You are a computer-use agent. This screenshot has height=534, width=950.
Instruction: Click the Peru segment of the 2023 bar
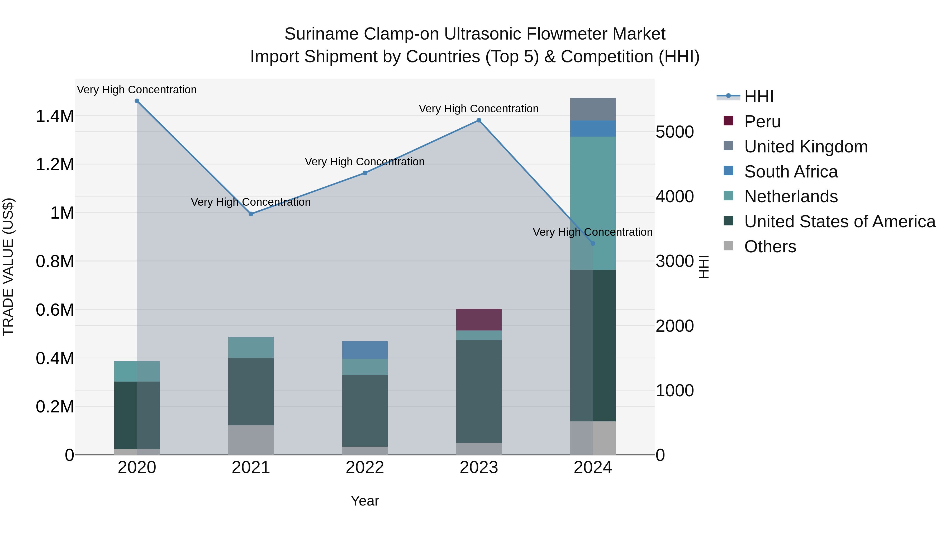[x=479, y=320]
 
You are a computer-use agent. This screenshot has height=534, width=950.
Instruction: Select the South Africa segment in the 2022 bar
[x=365, y=350]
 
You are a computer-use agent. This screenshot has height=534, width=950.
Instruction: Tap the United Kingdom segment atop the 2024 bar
[x=593, y=109]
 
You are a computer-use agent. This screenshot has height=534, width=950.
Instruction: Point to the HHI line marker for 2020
[x=137, y=101]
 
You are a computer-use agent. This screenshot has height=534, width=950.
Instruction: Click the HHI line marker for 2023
[x=479, y=120]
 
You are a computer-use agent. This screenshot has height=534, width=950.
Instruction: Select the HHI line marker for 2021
[x=251, y=214]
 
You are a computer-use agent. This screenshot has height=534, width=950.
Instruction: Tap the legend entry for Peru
[x=762, y=122]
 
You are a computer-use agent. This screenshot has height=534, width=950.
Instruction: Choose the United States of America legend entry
[x=840, y=222]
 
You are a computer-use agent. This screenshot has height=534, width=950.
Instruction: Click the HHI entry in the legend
[x=759, y=97]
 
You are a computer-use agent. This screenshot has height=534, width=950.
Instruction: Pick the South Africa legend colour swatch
[x=728, y=171]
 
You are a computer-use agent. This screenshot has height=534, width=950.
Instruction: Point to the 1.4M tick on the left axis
[x=55, y=116]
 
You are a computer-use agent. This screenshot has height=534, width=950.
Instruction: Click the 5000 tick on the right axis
[x=674, y=132]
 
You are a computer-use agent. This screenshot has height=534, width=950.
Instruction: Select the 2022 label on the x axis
[x=365, y=468]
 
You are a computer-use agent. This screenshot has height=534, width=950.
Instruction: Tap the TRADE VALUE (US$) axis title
[x=8, y=267]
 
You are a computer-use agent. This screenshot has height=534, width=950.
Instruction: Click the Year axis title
[x=365, y=501]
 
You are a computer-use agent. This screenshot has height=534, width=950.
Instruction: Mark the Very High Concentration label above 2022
[x=365, y=162]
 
